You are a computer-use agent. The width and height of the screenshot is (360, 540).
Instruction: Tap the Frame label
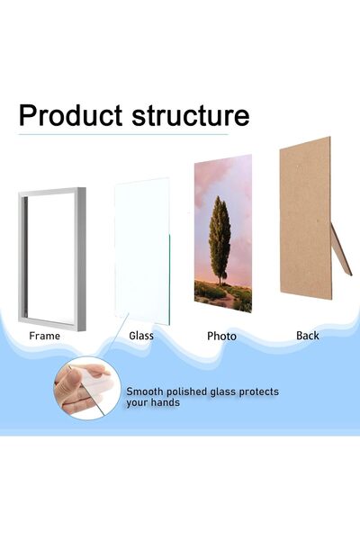click(45, 336)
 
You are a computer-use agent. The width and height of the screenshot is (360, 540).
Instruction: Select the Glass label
click(140, 336)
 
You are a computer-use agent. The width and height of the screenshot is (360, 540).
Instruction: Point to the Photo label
click(221, 336)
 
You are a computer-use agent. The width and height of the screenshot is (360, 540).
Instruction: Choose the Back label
click(308, 336)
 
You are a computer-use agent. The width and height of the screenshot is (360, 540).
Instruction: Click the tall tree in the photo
click(220, 238)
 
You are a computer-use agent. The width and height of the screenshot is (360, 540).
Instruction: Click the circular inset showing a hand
click(88, 389)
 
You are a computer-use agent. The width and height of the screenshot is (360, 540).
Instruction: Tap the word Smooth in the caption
click(146, 391)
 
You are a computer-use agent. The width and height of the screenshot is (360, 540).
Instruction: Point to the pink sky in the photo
click(211, 180)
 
